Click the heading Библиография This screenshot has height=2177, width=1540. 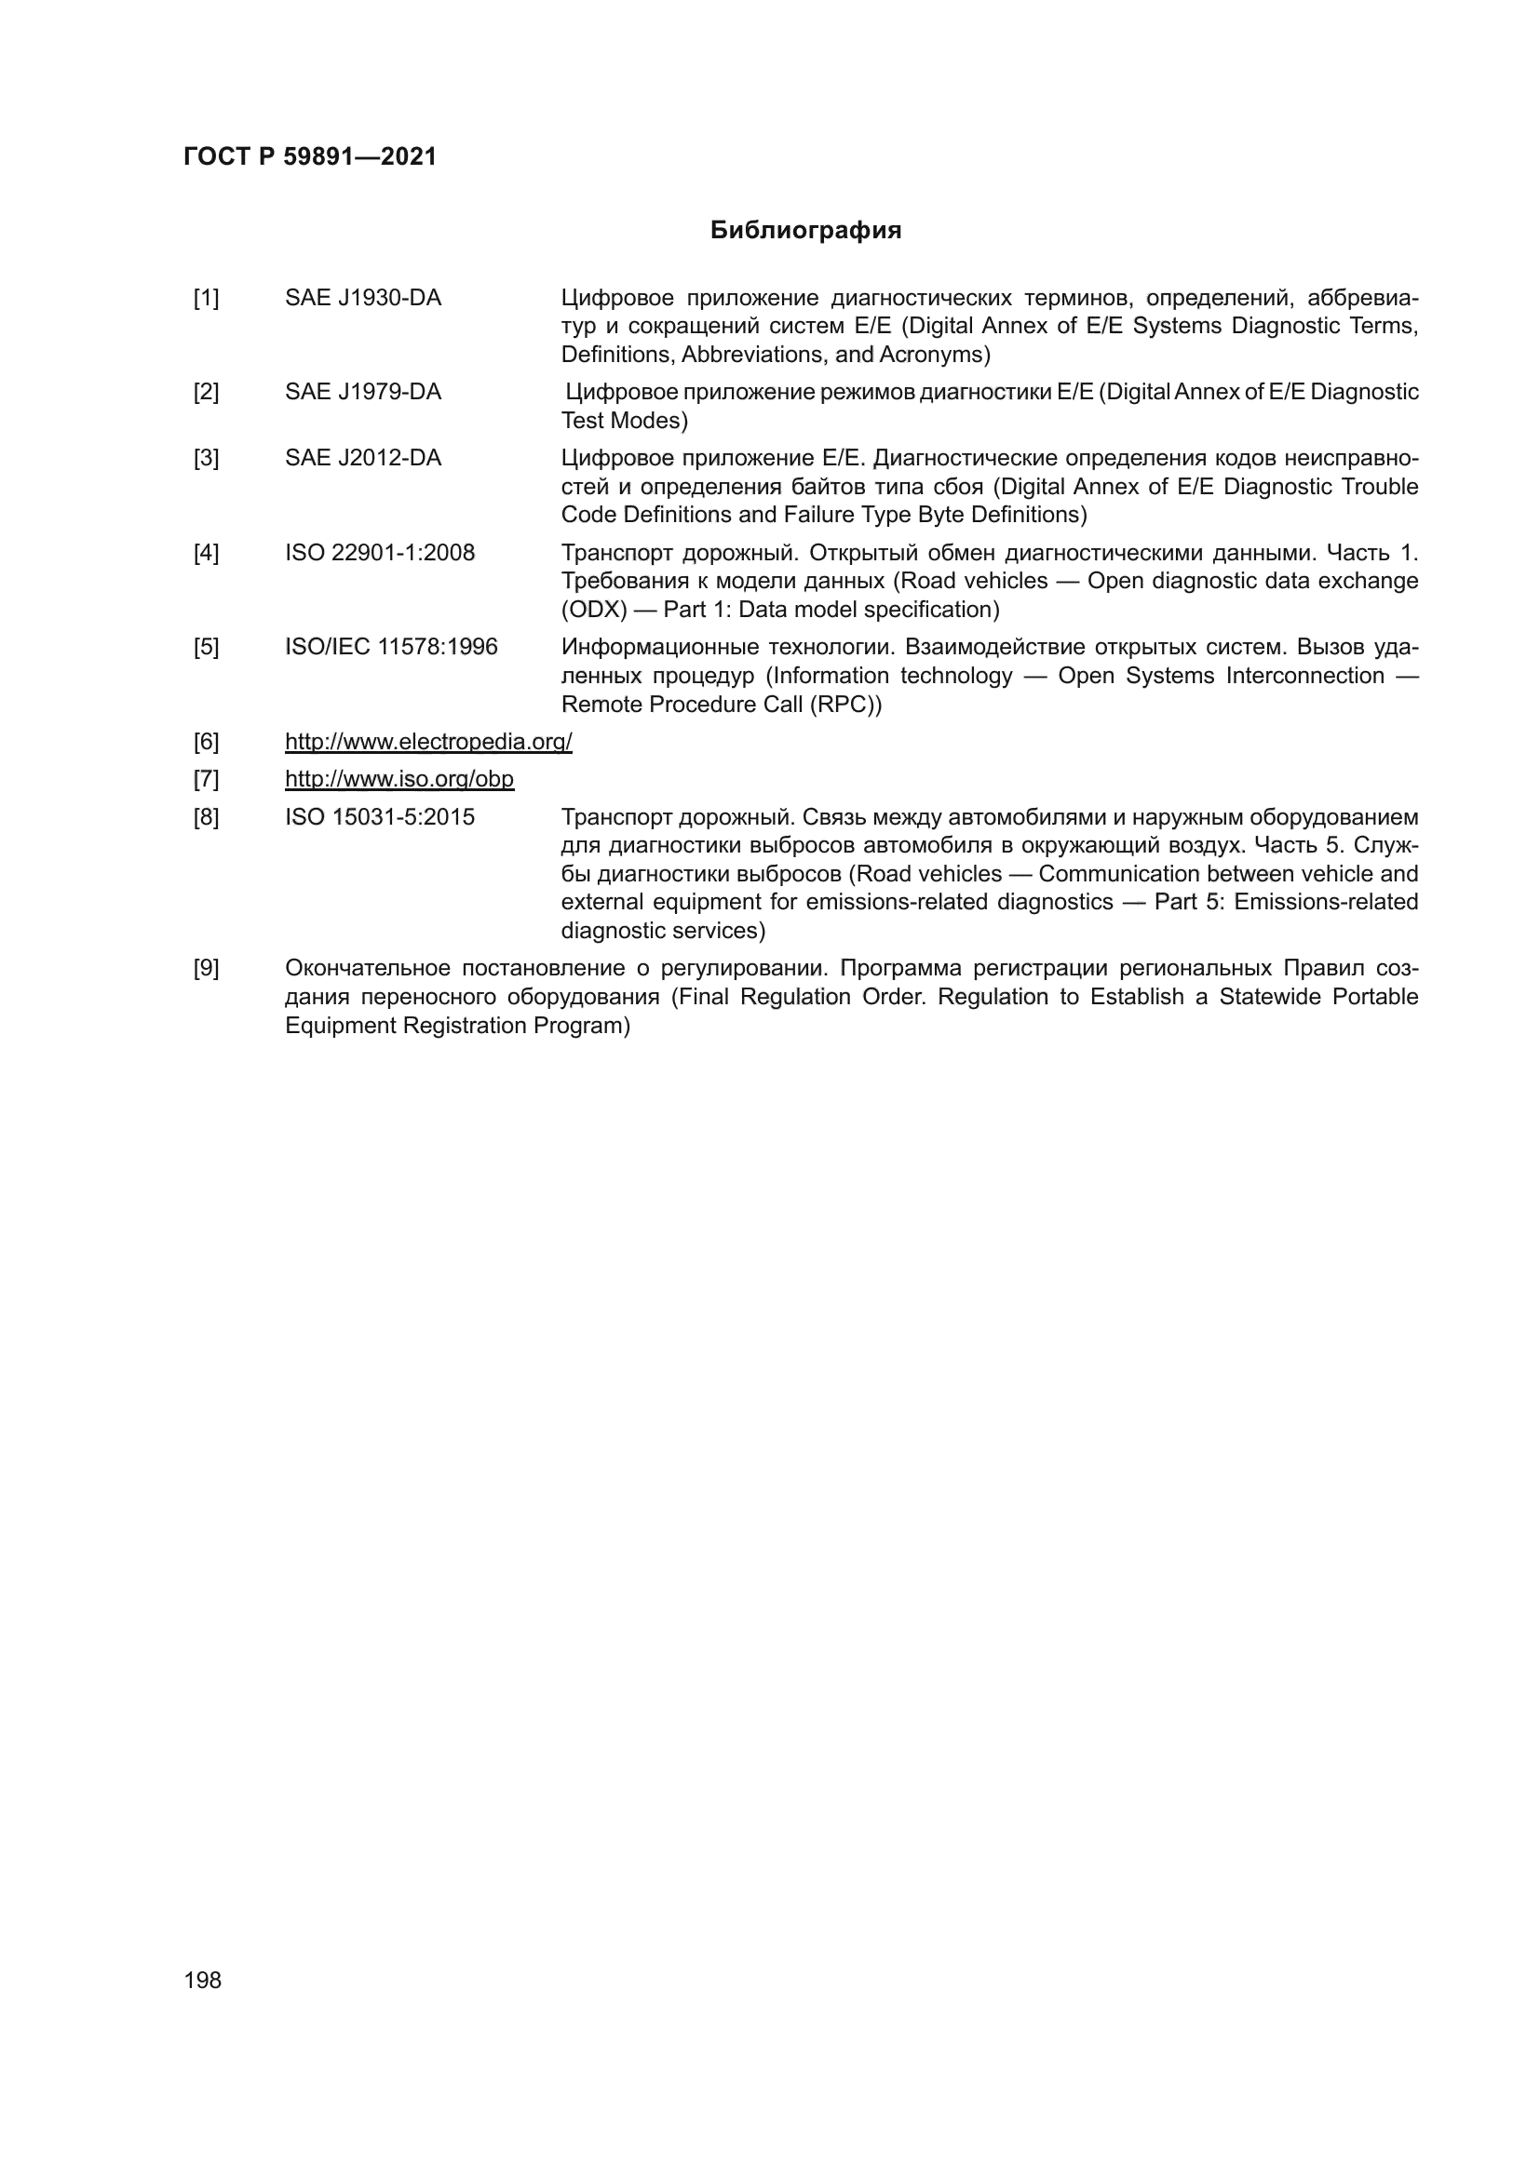(805, 231)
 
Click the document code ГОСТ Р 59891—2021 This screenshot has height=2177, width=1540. (310, 156)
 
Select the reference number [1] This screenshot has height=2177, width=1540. (206, 299)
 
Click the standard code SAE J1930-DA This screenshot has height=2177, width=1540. (363, 299)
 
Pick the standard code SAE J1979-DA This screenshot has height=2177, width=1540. (363, 393)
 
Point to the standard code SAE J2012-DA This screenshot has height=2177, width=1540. (363, 459)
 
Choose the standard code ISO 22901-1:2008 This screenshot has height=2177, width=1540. (379, 553)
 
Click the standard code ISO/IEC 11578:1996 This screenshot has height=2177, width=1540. (391, 648)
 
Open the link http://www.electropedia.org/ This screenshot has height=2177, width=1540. (428, 742)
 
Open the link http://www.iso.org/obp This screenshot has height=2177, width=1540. (399, 779)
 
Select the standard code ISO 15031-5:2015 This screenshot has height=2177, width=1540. (379, 817)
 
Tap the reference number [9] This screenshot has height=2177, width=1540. (206, 969)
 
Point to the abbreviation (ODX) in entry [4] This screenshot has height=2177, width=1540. (594, 610)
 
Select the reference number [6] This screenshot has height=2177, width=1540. (206, 742)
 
